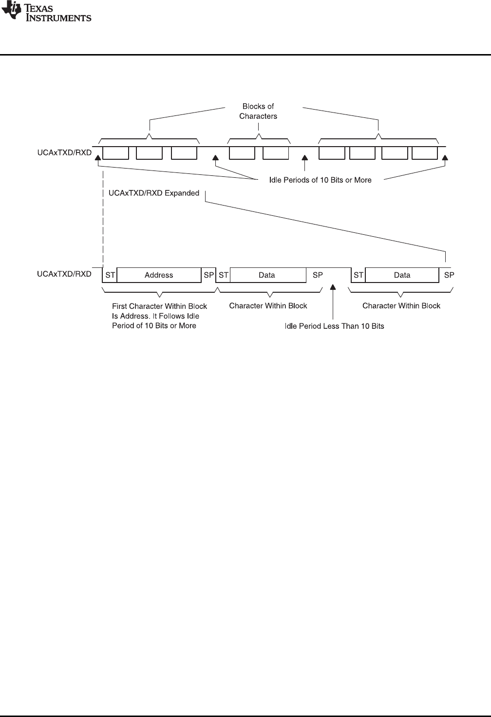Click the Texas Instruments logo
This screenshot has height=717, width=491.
point(46,13)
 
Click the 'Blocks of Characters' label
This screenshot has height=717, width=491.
point(258,111)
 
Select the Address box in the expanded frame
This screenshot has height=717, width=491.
point(159,275)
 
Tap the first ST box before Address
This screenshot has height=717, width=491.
point(110,275)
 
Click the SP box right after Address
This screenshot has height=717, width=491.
point(208,275)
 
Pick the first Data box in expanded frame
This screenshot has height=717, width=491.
point(267,275)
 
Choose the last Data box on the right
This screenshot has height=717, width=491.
point(402,275)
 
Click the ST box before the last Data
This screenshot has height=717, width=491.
point(359,275)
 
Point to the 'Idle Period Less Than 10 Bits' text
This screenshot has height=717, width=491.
point(334,326)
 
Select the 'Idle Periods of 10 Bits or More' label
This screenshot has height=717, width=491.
point(321,180)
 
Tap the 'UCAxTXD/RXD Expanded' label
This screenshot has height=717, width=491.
point(154,193)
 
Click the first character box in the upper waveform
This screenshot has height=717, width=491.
point(116,152)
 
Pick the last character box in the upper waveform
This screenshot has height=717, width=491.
point(425,152)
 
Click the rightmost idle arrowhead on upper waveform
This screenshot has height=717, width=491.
point(445,158)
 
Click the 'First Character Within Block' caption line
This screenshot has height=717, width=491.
point(160,306)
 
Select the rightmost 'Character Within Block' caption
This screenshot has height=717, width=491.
point(401,305)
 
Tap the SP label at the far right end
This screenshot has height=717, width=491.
point(449,275)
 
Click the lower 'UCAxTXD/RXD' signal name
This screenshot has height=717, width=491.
point(64,274)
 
